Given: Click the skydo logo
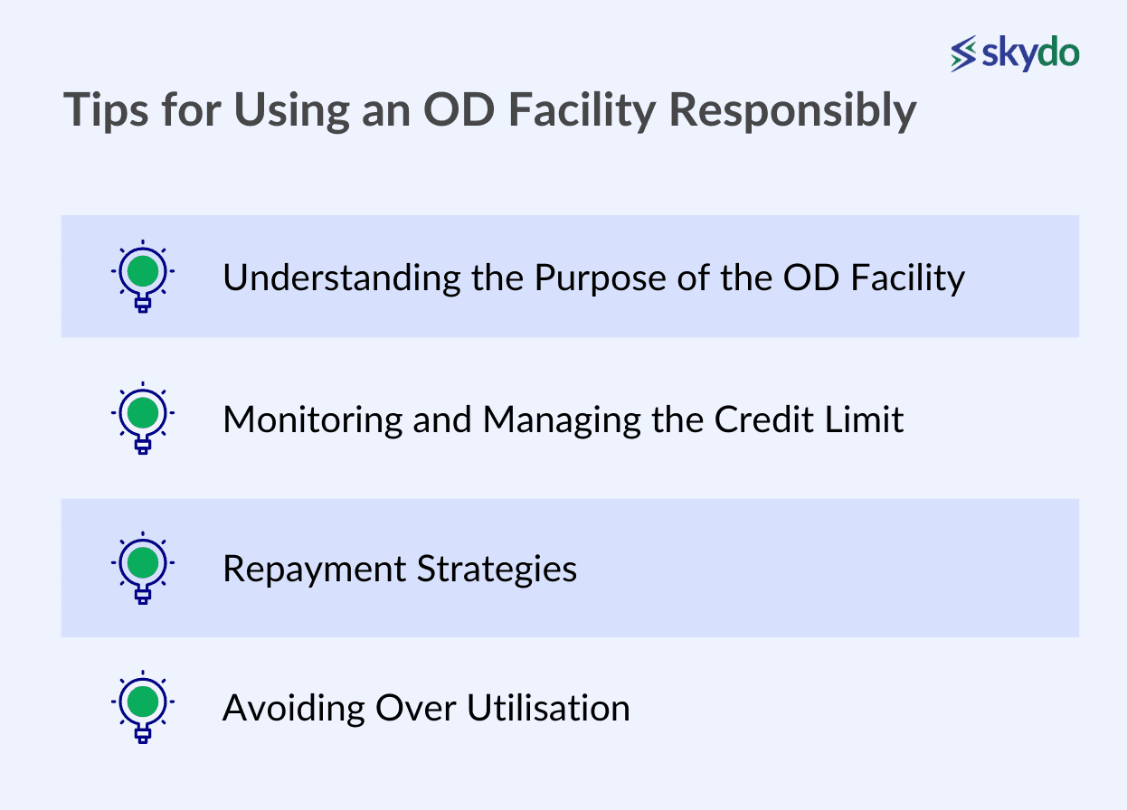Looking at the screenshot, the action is pyautogui.click(x=1015, y=53).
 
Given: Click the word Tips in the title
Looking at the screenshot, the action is pyautogui.click(x=106, y=110).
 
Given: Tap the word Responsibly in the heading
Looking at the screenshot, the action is pyautogui.click(x=793, y=110).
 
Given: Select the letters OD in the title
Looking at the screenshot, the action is pyautogui.click(x=459, y=109).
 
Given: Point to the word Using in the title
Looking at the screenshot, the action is pyautogui.click(x=292, y=111).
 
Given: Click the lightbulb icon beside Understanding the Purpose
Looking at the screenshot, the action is pyautogui.click(x=143, y=276).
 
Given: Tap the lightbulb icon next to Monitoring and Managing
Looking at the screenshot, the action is pyautogui.click(x=143, y=418).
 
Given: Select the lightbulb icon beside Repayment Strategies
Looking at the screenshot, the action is pyautogui.click(x=143, y=568).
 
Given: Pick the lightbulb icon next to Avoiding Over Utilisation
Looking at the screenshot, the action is pyautogui.click(x=143, y=706).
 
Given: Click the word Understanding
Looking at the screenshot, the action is pyautogui.click(x=342, y=278).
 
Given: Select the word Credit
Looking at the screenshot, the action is pyautogui.click(x=763, y=419).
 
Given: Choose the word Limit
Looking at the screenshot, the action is pyautogui.click(x=865, y=419).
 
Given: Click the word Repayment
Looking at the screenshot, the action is pyautogui.click(x=315, y=570).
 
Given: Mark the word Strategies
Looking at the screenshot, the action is pyautogui.click(x=497, y=570).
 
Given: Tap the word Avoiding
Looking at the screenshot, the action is pyautogui.click(x=294, y=709).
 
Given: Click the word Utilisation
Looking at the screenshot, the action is pyautogui.click(x=548, y=708).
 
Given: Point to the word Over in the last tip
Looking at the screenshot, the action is pyautogui.click(x=416, y=709).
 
